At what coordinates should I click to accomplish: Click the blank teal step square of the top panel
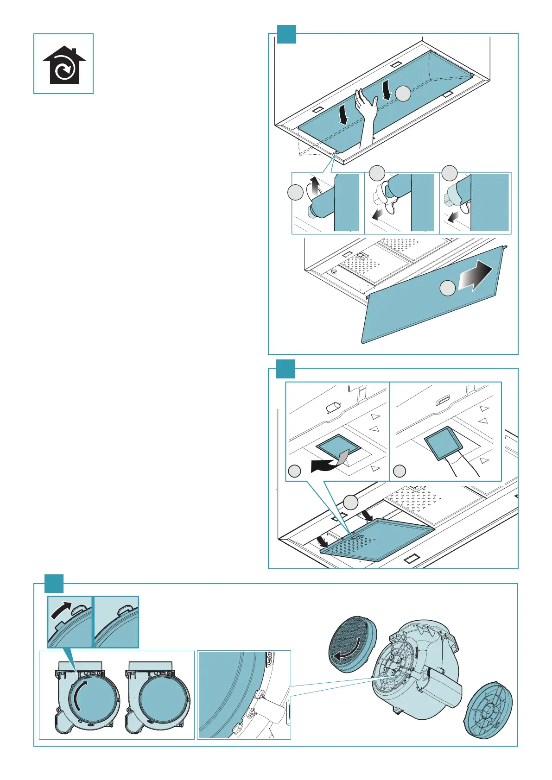[x=286, y=34]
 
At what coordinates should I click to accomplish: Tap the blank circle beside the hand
[x=403, y=94]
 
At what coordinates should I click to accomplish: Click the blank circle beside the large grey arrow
[x=447, y=288]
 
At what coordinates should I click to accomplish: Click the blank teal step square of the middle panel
[x=286, y=369]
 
